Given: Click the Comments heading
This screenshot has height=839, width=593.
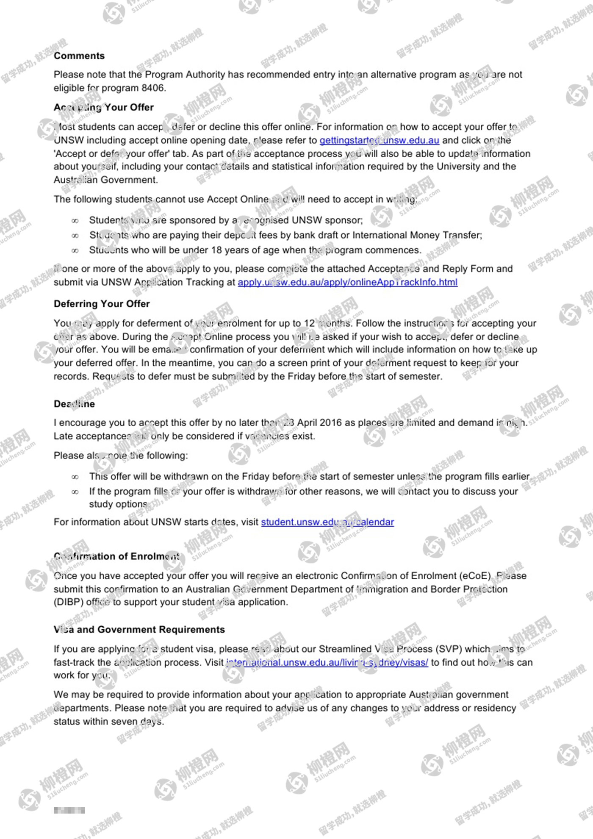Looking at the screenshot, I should point(79,56).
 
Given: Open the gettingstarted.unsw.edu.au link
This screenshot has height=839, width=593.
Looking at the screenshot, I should point(379,140).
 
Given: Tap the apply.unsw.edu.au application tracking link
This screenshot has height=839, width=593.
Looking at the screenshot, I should point(347,282).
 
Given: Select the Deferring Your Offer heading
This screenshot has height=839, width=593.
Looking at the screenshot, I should point(102,304).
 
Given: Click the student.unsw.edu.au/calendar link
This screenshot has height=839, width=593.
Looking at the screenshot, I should point(327,522).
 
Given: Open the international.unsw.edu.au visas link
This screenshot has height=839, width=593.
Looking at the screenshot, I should point(327,662).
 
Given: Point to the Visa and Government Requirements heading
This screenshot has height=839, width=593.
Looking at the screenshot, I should point(139,630).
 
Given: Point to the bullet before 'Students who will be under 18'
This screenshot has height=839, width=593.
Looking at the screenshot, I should point(75,251).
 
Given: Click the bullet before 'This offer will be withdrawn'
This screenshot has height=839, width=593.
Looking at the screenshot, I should point(75,477).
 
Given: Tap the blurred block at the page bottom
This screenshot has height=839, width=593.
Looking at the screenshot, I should point(69,810).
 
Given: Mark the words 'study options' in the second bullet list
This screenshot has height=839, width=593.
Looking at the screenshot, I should point(118,504).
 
